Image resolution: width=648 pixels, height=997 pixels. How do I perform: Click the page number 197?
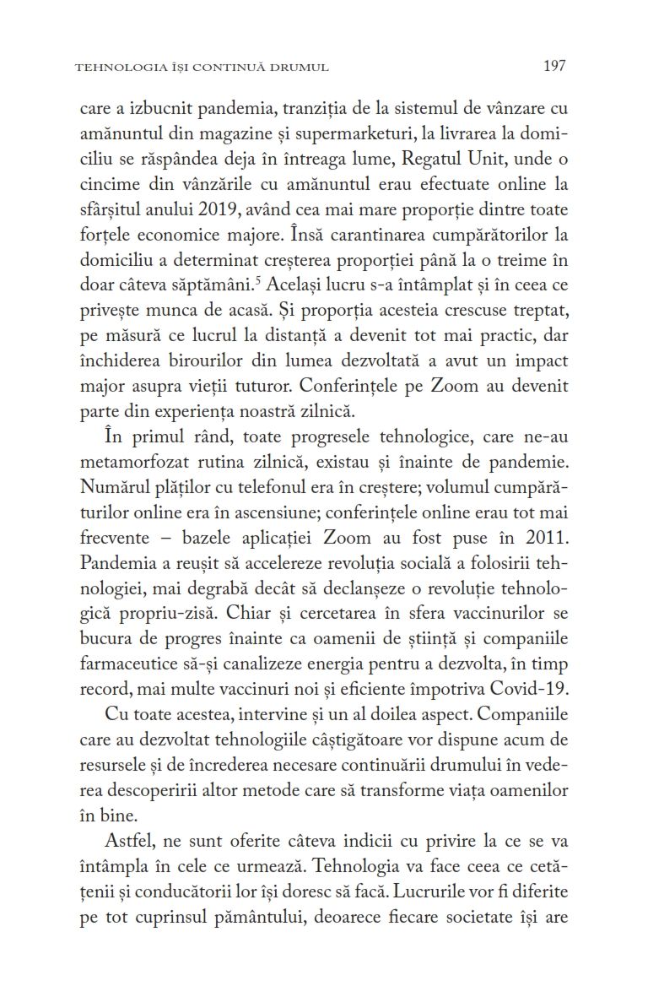(x=553, y=66)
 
